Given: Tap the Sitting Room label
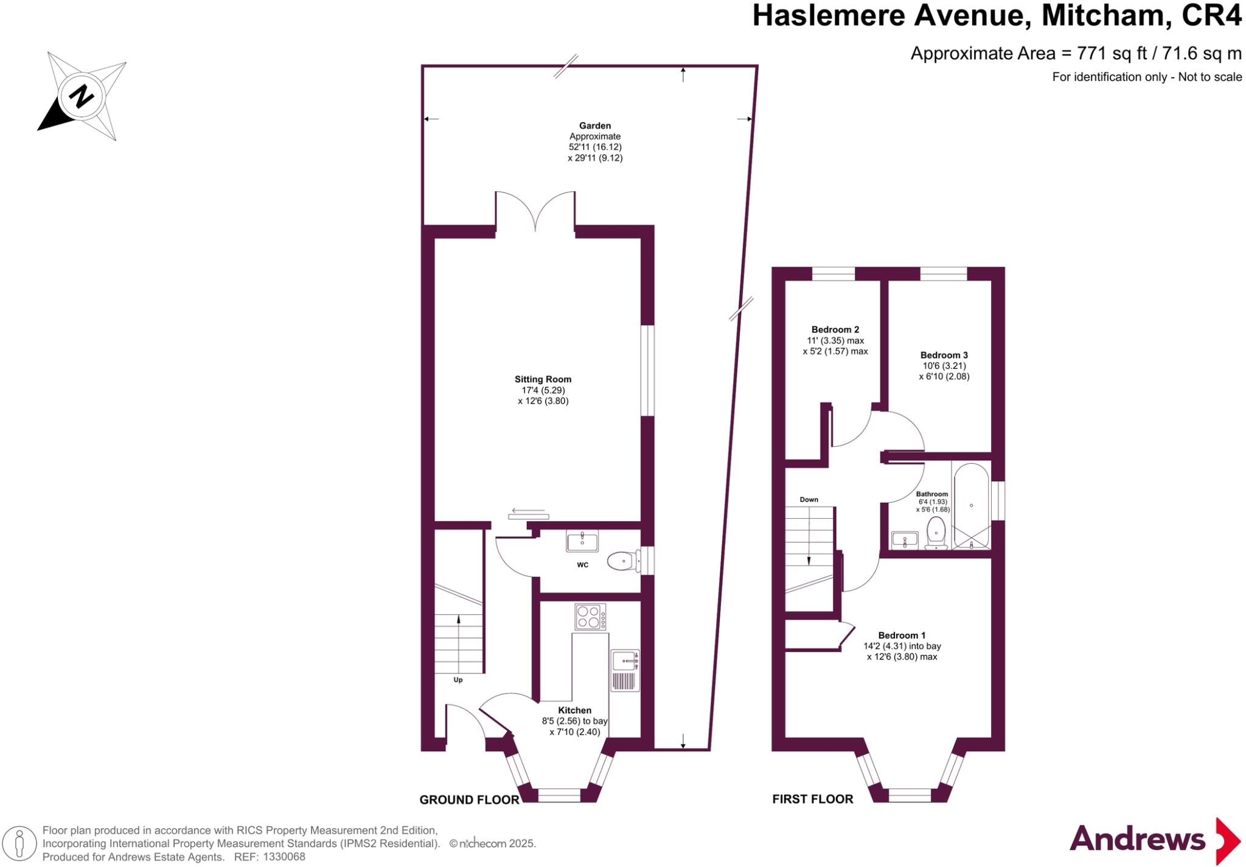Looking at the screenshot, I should pyautogui.click(x=543, y=379).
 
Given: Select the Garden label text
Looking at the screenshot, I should pyautogui.click(x=594, y=126).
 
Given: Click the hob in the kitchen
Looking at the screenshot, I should pyautogui.click(x=590, y=616).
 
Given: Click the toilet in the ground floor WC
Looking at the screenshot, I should pyautogui.click(x=622, y=561).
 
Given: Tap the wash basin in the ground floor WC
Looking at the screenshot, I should pyautogui.click(x=582, y=540).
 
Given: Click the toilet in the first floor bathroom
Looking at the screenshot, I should pyautogui.click(x=936, y=532).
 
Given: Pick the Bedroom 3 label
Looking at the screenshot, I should pyautogui.click(x=944, y=355).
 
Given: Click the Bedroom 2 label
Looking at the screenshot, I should pyautogui.click(x=835, y=330).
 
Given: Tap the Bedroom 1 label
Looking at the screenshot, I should pyautogui.click(x=902, y=636).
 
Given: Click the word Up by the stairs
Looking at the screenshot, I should pyautogui.click(x=458, y=680).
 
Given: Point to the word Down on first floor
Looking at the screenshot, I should pyautogui.click(x=809, y=500).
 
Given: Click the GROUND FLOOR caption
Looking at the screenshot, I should pyautogui.click(x=469, y=800).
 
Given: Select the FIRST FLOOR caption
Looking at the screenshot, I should pyautogui.click(x=812, y=799).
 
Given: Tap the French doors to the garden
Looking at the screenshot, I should pyautogui.click(x=535, y=212).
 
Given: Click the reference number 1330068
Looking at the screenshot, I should pyautogui.click(x=284, y=857).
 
